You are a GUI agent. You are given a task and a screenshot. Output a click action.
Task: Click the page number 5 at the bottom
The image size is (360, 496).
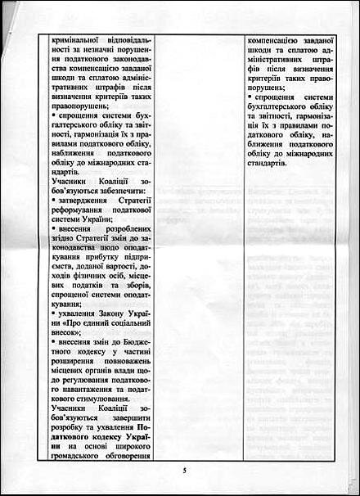[x=185, y=471]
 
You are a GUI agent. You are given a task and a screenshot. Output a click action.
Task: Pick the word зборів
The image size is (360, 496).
[x=132, y=300]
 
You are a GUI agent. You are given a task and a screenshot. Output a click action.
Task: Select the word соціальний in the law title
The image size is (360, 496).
[x=114, y=343]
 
